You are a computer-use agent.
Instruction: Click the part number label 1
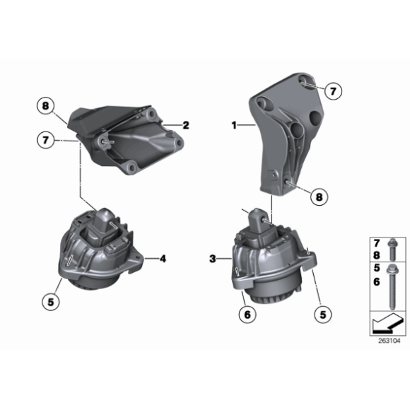(x=233, y=125)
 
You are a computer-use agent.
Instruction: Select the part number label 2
(x=186, y=125)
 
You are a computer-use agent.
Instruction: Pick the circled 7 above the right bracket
(x=333, y=90)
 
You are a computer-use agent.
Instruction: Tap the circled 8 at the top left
(x=47, y=107)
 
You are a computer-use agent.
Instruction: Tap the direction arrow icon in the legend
(x=384, y=324)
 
